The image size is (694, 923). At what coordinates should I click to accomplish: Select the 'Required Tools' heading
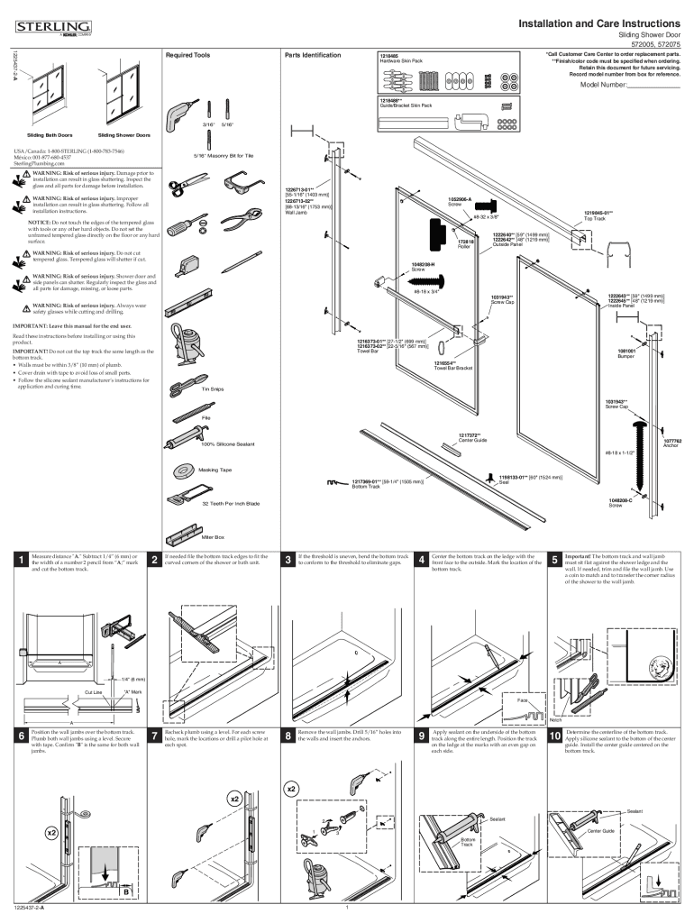[x=189, y=56]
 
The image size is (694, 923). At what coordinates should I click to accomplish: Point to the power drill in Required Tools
[x=177, y=114]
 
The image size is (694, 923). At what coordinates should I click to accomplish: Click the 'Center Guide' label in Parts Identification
[x=472, y=439]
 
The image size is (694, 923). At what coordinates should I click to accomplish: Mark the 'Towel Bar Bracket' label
[x=452, y=368]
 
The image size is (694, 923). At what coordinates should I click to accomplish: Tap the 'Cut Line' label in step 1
[x=94, y=691]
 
